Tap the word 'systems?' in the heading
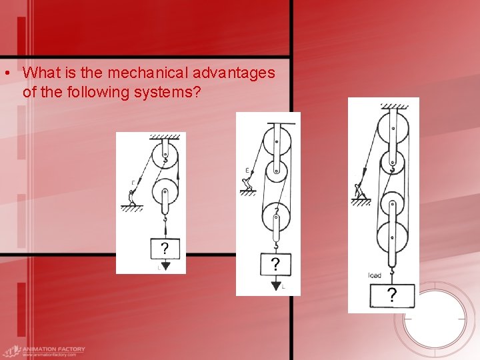click(177, 91)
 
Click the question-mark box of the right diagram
click(391, 295)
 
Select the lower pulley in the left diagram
click(164, 195)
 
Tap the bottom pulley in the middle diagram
click(275, 217)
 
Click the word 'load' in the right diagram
click(374, 275)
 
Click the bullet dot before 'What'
click(5, 73)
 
